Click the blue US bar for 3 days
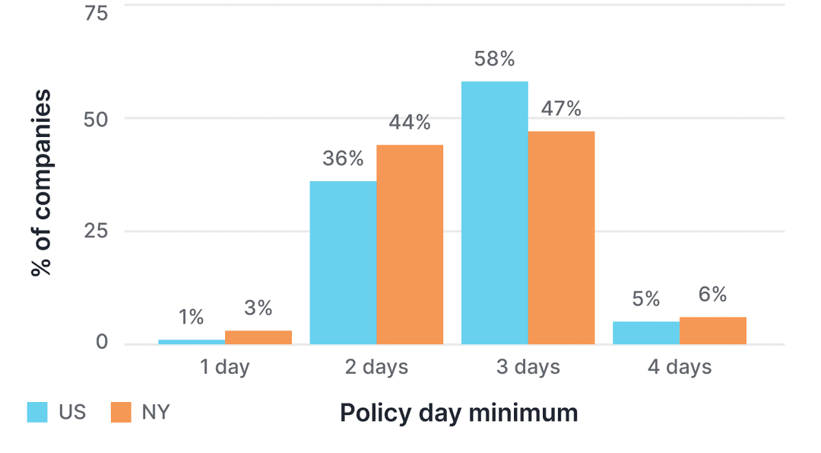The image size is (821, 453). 494,212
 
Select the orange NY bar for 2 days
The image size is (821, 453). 410,244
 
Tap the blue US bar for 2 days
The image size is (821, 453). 343,262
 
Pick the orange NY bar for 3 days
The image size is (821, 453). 561,238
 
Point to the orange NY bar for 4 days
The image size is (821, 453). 712,330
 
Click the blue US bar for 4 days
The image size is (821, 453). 645,333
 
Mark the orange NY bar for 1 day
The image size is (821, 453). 258,337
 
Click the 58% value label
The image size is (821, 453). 494,59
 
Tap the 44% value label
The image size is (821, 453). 410,123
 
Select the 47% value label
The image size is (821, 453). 561,109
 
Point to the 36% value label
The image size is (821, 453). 343,159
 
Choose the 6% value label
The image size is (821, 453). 712,295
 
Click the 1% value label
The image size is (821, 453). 192,317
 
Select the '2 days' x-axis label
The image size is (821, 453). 376,368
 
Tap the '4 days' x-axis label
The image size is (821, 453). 679,368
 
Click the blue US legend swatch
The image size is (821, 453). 38,412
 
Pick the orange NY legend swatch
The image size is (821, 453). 122,412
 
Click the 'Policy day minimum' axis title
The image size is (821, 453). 458,413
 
